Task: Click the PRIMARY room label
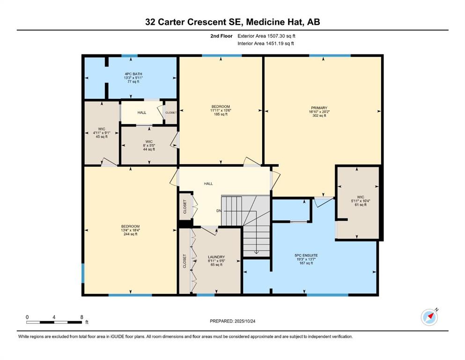point(322,107)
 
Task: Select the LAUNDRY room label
point(216,257)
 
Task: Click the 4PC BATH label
point(132,74)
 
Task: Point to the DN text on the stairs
point(219,210)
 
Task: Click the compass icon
point(429,317)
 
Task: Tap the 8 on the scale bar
point(82,317)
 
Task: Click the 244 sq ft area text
point(130,234)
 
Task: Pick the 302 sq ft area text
point(321,116)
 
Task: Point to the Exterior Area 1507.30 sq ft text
point(266,36)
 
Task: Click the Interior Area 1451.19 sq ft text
point(266,44)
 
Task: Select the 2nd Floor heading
point(221,36)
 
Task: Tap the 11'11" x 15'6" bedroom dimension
point(221,111)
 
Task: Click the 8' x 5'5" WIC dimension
point(149,145)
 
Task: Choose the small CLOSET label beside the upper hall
point(170,112)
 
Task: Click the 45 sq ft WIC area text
point(101,137)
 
